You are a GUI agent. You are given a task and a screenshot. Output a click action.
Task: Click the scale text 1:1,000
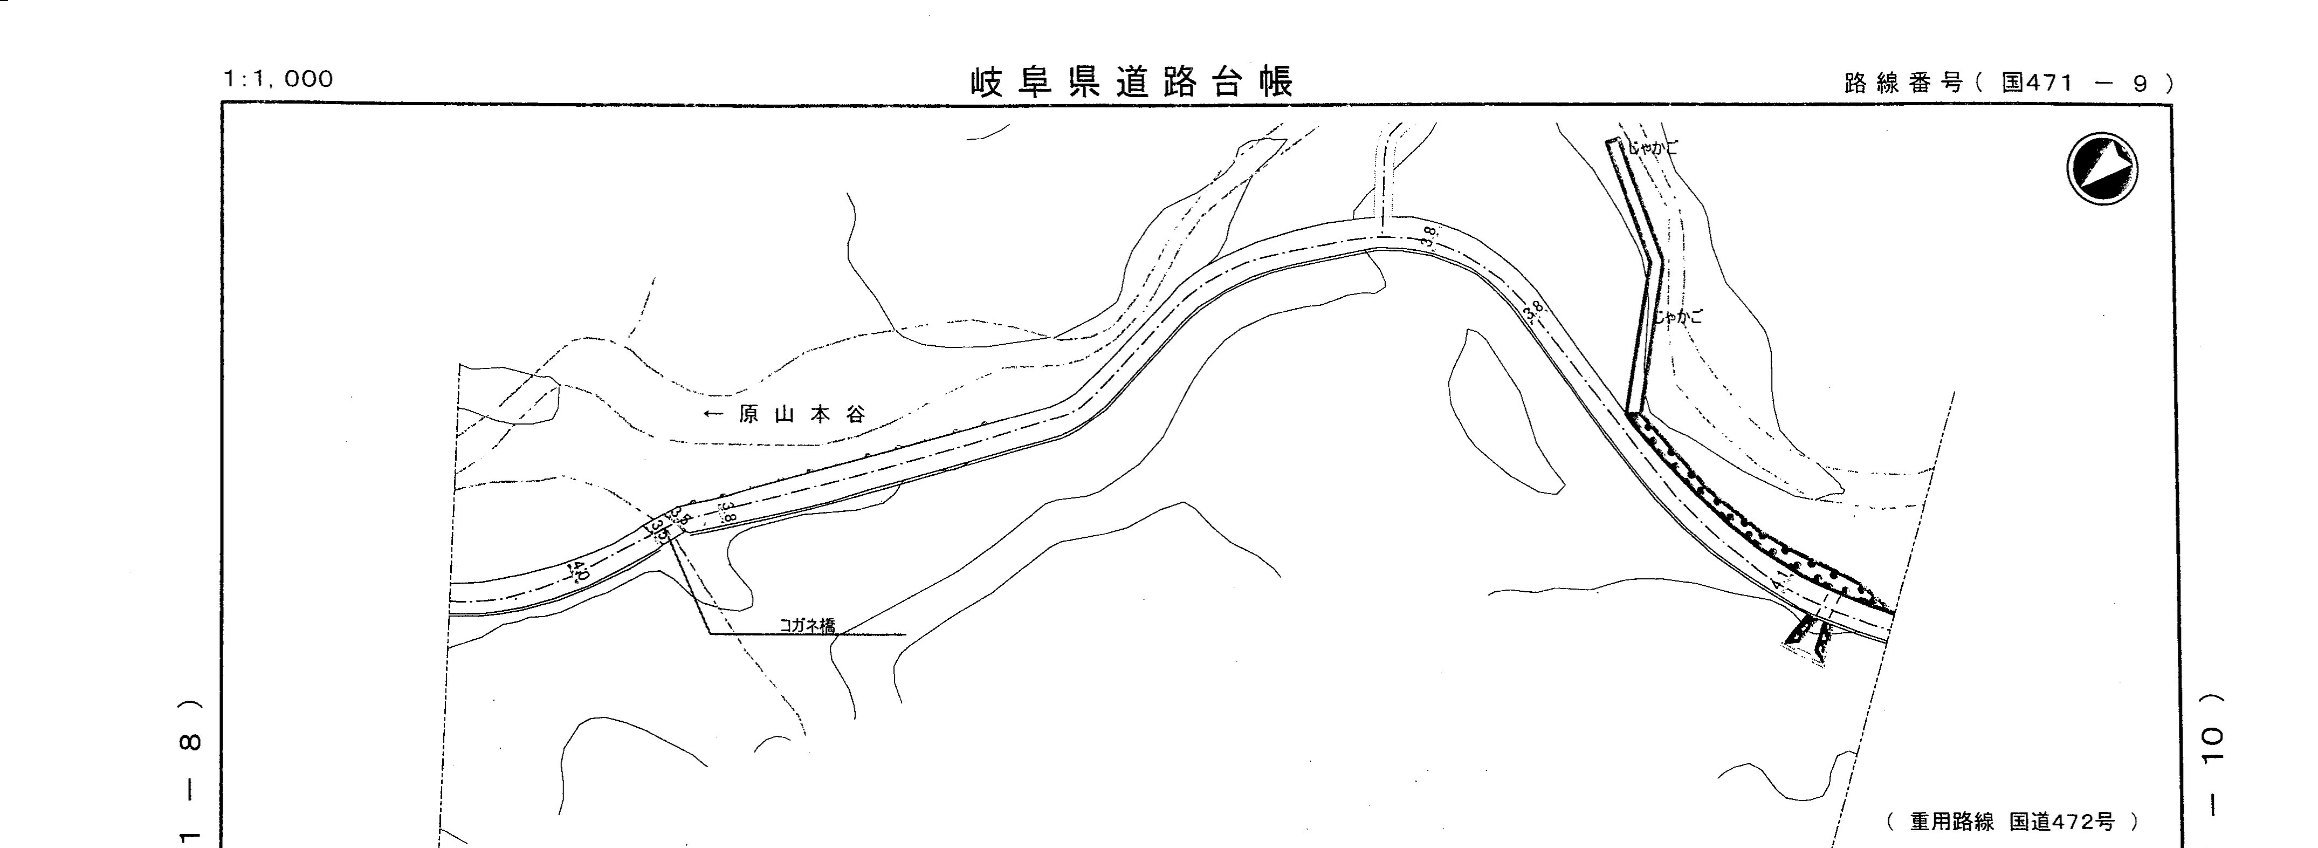pos(278,79)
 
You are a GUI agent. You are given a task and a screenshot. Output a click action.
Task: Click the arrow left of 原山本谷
pos(713,415)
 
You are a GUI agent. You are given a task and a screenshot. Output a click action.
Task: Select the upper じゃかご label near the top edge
pos(1653,147)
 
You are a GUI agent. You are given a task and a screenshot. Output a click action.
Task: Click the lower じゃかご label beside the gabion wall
pos(1677,317)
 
